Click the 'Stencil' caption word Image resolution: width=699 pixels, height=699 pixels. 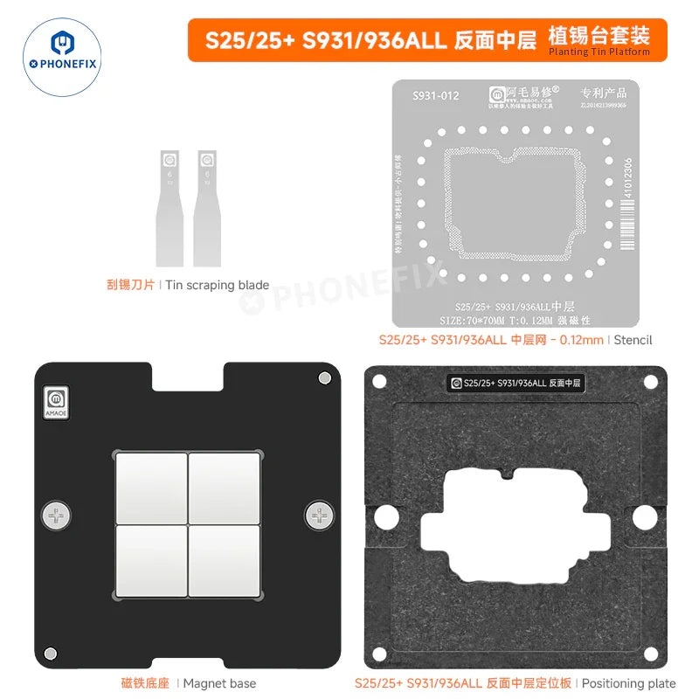(x=633, y=339)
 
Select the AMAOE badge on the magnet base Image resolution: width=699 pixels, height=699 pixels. (x=57, y=401)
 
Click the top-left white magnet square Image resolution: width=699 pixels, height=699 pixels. (x=151, y=487)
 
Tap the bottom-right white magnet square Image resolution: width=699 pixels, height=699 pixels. (x=225, y=561)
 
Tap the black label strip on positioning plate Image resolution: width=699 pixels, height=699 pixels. (x=516, y=383)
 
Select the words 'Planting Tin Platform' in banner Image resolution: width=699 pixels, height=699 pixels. (x=599, y=52)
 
